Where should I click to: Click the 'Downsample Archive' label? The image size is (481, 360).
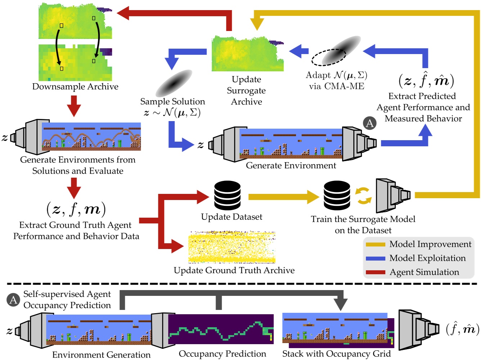[75, 87]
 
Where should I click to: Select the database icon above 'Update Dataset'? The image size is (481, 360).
[227, 195]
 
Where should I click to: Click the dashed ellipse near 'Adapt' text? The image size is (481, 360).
[328, 57]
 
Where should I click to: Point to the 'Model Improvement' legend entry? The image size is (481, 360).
[430, 244]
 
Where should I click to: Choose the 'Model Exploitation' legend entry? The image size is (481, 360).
[427, 258]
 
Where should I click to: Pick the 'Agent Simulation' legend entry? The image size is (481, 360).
[424, 272]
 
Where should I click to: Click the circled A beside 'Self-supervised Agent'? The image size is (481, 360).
[13, 300]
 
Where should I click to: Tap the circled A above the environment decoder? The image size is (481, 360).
[369, 123]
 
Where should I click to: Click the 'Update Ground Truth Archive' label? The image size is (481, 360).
[234, 270]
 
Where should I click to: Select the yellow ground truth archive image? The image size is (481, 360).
[232, 247]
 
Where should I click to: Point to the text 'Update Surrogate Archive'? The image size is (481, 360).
[246, 90]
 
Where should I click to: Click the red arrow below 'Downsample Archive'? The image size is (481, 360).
[74, 105]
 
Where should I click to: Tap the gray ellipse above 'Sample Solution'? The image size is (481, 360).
[174, 83]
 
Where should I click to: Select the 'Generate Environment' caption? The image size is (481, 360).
[291, 165]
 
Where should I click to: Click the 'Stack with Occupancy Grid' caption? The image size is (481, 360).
[336, 354]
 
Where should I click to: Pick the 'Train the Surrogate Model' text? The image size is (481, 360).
[363, 219]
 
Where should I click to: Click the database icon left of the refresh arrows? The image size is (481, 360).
[337, 195]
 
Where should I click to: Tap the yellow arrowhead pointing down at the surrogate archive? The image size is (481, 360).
[257, 25]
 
